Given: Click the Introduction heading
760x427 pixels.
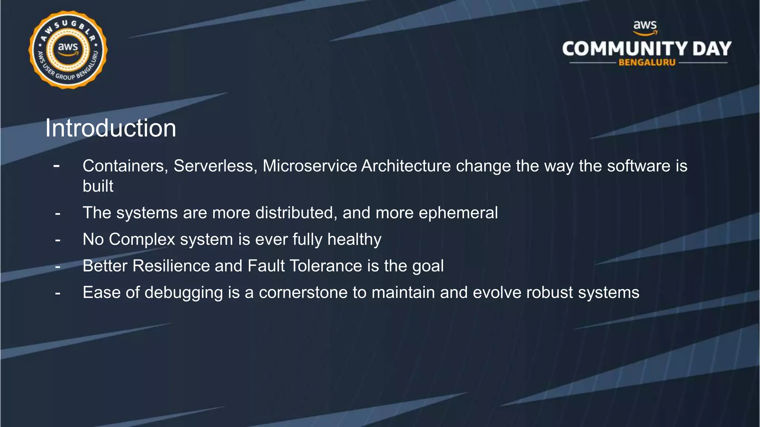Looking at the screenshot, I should pyautogui.click(x=111, y=128).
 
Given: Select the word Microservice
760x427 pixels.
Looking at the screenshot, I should pyautogui.click(x=309, y=166).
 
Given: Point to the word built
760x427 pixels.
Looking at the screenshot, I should pyautogui.click(x=98, y=186).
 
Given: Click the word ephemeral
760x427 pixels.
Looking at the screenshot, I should pyautogui.click(x=458, y=213).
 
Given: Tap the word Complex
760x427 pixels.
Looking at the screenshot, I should pyautogui.click(x=142, y=239).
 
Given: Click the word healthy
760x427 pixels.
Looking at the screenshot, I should pyautogui.click(x=354, y=239).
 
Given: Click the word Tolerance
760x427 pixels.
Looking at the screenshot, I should pyautogui.click(x=325, y=266).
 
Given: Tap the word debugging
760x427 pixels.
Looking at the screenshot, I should pyautogui.click(x=184, y=293).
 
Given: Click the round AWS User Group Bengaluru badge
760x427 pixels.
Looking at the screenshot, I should pyautogui.click(x=68, y=50).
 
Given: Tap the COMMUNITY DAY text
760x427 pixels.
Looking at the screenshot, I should pyautogui.click(x=646, y=49).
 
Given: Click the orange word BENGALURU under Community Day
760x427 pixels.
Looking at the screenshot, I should pyautogui.click(x=647, y=63).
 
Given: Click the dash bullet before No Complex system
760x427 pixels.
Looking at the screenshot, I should pyautogui.click(x=58, y=240).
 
